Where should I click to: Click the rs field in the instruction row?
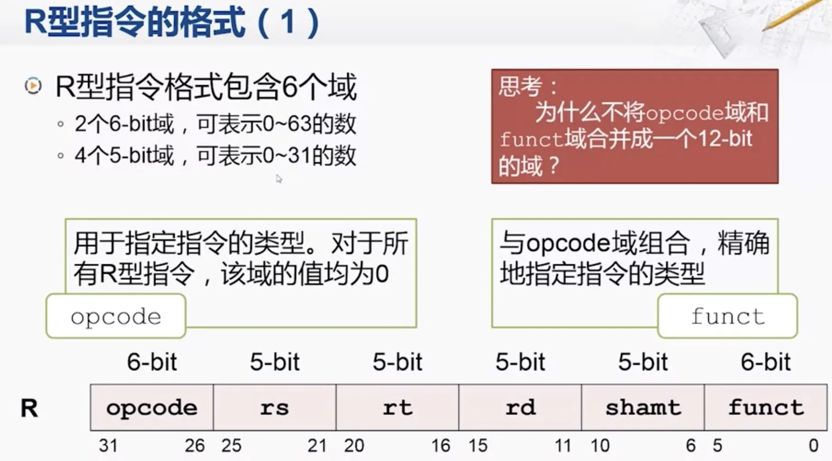275,408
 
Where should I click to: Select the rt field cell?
397,408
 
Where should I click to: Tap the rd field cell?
520,408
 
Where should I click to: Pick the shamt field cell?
643,408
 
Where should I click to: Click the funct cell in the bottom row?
765,408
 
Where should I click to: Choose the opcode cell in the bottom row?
152,408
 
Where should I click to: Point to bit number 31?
108,446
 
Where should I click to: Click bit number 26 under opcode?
194,446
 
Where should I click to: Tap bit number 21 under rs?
317,446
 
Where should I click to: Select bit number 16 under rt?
441,446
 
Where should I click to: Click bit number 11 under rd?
563,446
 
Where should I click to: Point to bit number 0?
813,446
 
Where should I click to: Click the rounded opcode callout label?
116,317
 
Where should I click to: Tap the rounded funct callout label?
727,317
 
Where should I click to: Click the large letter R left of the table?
29,408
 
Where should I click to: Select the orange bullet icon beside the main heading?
33,86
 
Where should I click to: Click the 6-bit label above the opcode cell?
152,362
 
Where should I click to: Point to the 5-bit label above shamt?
643,362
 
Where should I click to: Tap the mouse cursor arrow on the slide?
279,179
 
